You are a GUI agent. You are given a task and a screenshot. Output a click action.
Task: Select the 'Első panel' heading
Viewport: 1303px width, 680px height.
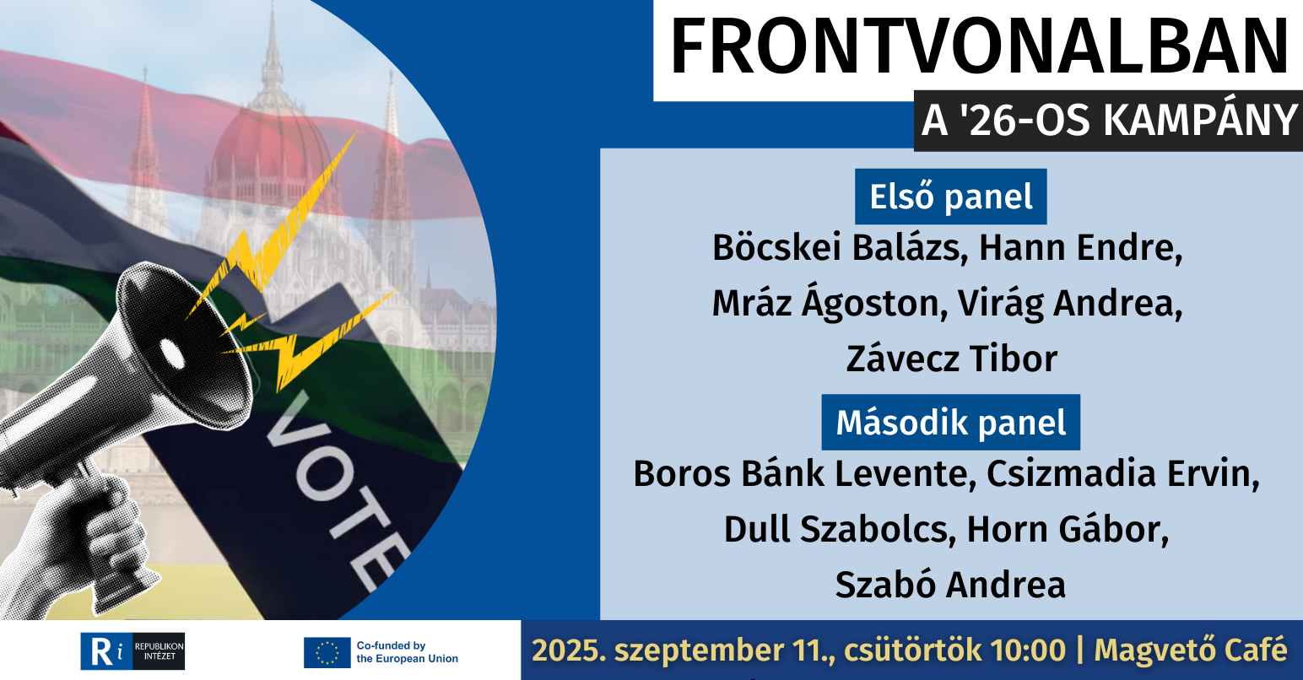(951, 197)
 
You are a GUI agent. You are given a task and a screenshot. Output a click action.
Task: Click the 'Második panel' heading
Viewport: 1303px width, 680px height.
(951, 423)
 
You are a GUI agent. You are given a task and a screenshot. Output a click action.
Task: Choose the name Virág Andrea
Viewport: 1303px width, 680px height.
(1070, 304)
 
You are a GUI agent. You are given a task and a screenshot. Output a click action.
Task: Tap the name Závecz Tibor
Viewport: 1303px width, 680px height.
(952, 359)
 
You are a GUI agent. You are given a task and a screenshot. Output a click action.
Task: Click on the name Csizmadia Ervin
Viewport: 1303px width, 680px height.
(1123, 474)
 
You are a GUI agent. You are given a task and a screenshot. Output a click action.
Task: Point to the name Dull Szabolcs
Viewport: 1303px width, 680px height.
(840, 530)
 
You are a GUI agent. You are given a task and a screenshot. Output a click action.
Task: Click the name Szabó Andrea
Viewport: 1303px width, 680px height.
(950, 585)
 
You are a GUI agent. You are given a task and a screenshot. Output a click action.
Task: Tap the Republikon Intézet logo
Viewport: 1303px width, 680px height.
(132, 651)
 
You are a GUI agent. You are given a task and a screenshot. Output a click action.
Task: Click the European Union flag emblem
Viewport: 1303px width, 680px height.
(327, 652)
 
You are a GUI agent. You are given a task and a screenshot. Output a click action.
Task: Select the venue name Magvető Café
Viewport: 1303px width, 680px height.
(1191, 650)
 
